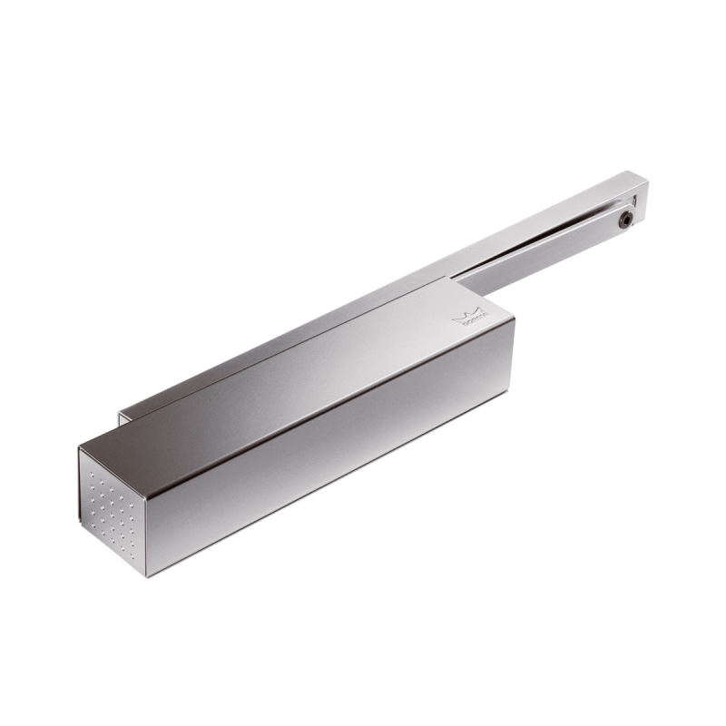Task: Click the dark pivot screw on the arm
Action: pos(625,220)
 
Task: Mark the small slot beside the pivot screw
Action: pos(634,201)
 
